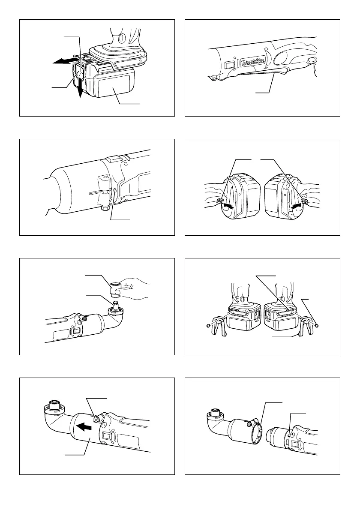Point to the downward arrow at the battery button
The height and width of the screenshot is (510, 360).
(80, 89)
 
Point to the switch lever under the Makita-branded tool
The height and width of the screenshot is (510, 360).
(257, 76)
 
